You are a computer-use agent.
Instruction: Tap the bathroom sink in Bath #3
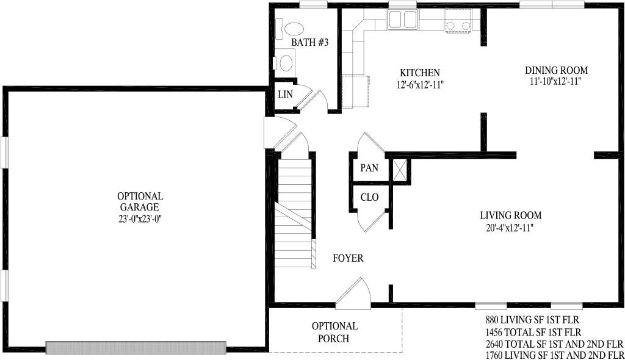click(x=286, y=63)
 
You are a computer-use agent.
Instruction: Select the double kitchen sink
click(x=403, y=20)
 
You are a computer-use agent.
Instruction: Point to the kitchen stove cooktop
click(x=458, y=21)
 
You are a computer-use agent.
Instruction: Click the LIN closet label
click(x=286, y=95)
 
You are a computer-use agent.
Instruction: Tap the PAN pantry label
click(x=369, y=168)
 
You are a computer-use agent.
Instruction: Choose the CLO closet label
click(x=369, y=197)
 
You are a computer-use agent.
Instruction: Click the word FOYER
click(x=348, y=258)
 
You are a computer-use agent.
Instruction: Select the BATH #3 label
click(x=309, y=42)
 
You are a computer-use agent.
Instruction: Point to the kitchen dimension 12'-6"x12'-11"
click(x=420, y=85)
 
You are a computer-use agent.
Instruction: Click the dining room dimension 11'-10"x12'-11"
click(x=555, y=81)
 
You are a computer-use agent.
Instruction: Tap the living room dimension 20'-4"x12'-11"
click(x=510, y=228)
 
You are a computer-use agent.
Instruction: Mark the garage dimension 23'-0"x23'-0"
click(x=140, y=219)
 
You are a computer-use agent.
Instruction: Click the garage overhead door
click(x=136, y=348)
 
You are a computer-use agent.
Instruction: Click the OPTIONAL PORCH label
click(x=334, y=332)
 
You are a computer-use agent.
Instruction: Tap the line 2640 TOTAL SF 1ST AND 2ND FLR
click(x=554, y=344)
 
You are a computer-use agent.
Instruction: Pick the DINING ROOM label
click(x=556, y=71)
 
